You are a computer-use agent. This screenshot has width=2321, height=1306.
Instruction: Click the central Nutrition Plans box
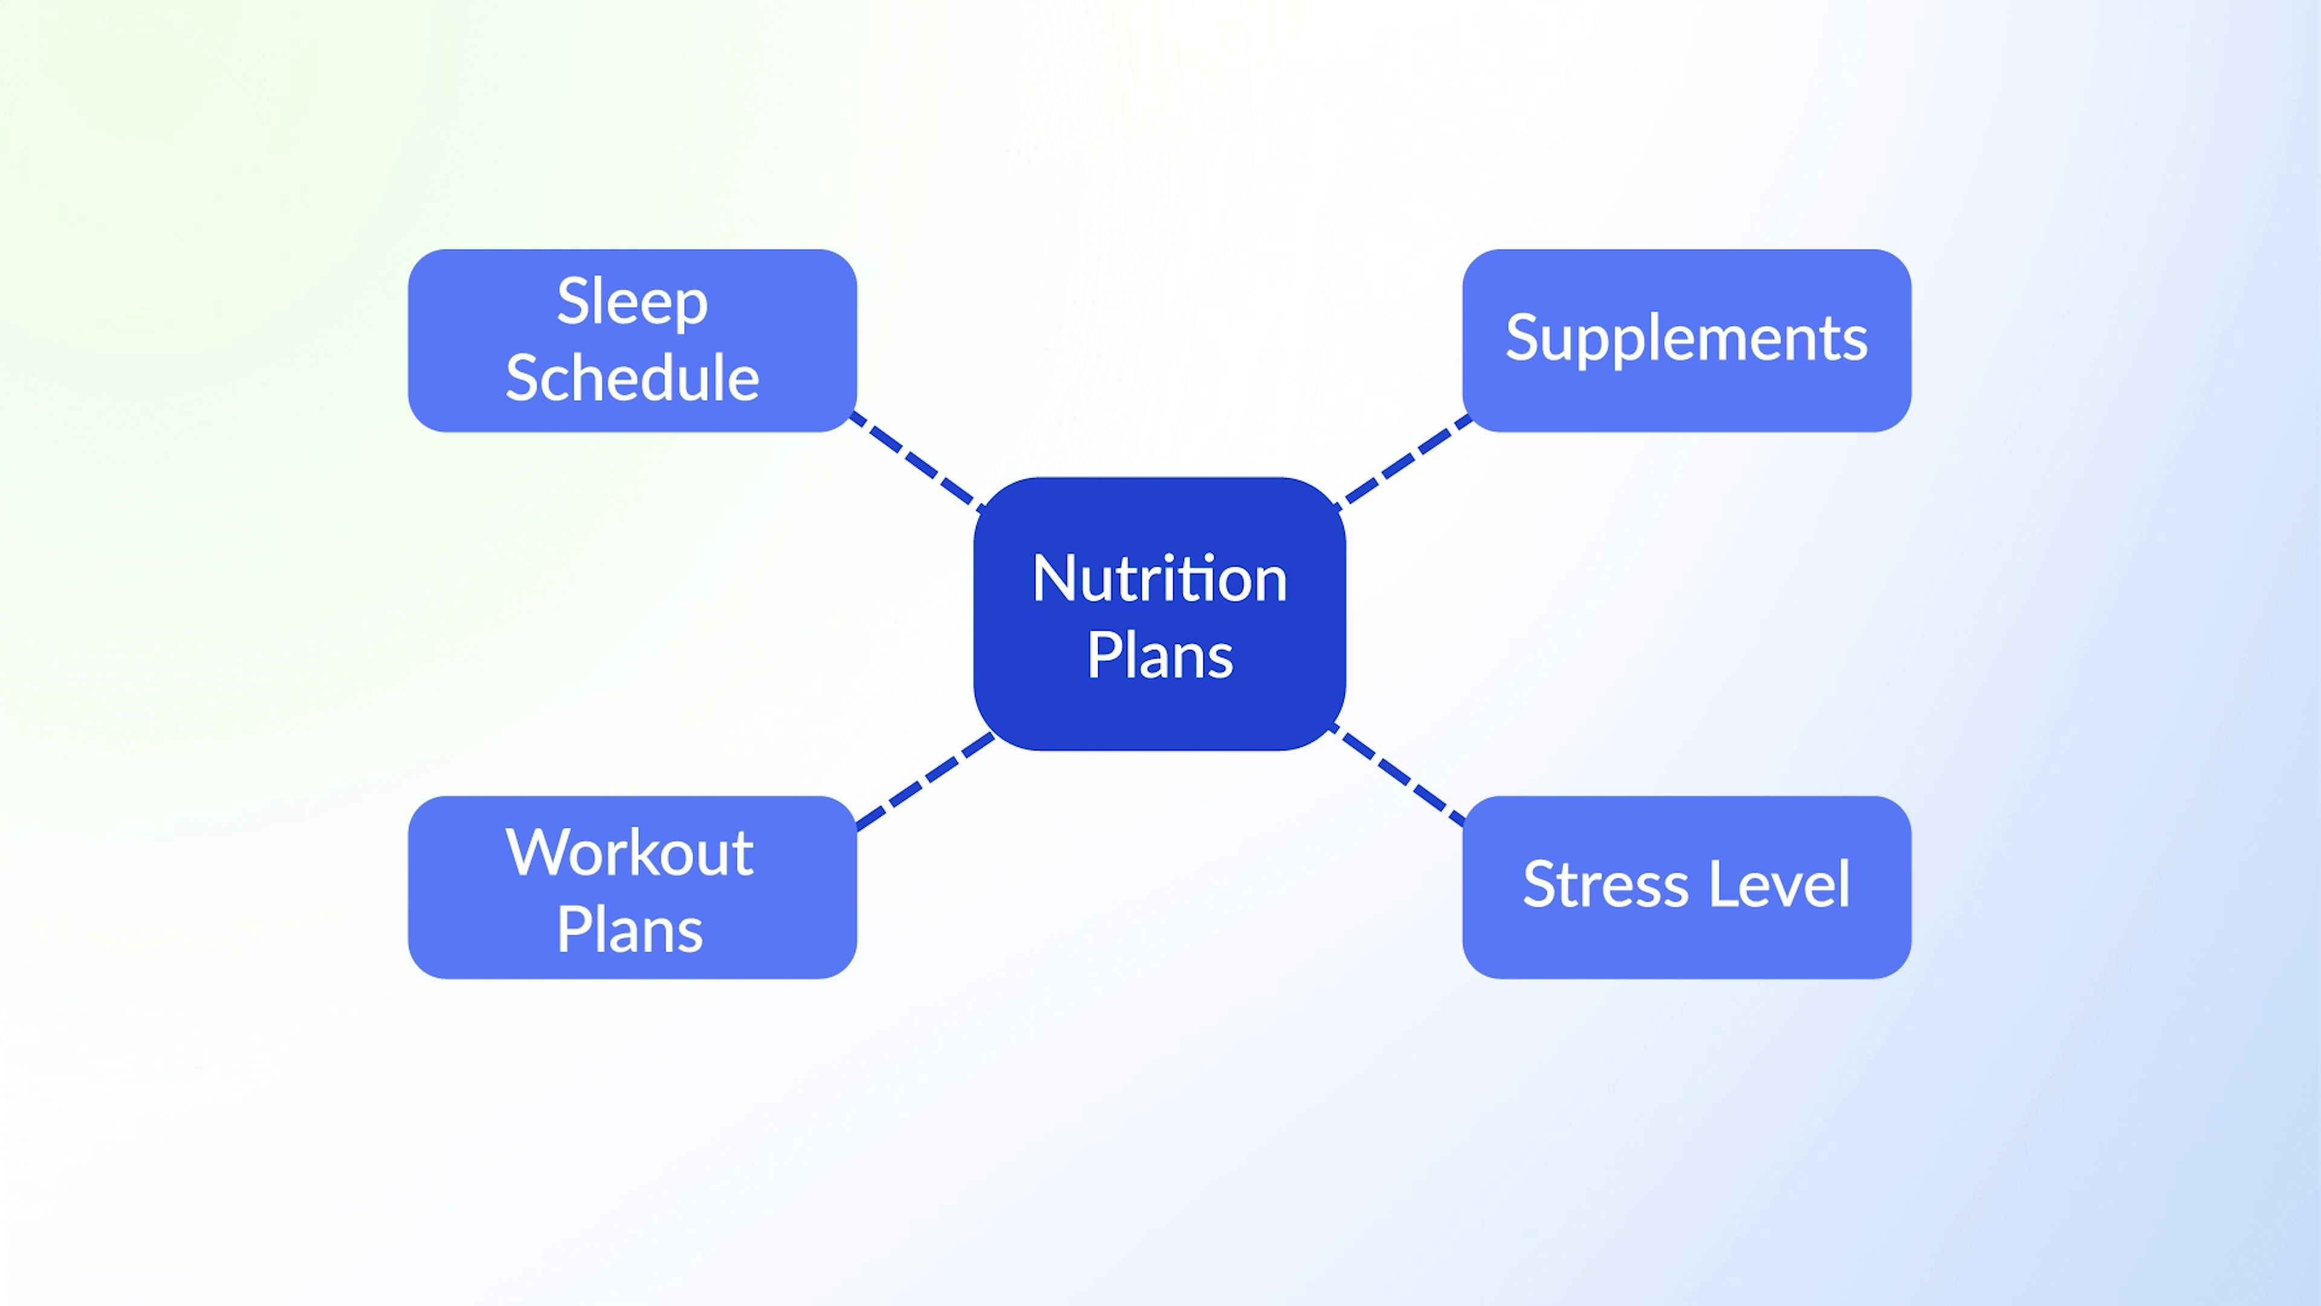click(x=1160, y=614)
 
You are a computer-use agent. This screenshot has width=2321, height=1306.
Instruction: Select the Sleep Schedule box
click(x=632, y=340)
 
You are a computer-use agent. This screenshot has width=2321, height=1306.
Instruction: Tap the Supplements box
click(x=1687, y=340)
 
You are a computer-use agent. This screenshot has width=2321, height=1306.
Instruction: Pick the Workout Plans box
click(x=632, y=887)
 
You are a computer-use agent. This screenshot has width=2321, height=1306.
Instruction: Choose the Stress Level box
click(x=1687, y=887)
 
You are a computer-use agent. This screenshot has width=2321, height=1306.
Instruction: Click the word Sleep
click(x=632, y=303)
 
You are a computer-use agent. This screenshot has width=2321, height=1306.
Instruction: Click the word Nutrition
click(x=1160, y=578)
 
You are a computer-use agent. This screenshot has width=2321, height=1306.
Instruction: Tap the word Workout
click(x=630, y=852)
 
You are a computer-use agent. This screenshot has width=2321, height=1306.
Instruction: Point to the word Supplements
click(x=1687, y=340)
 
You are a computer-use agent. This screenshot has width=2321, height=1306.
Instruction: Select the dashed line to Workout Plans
click(x=925, y=781)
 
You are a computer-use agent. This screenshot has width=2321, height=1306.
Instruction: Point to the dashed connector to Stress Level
click(x=1399, y=775)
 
